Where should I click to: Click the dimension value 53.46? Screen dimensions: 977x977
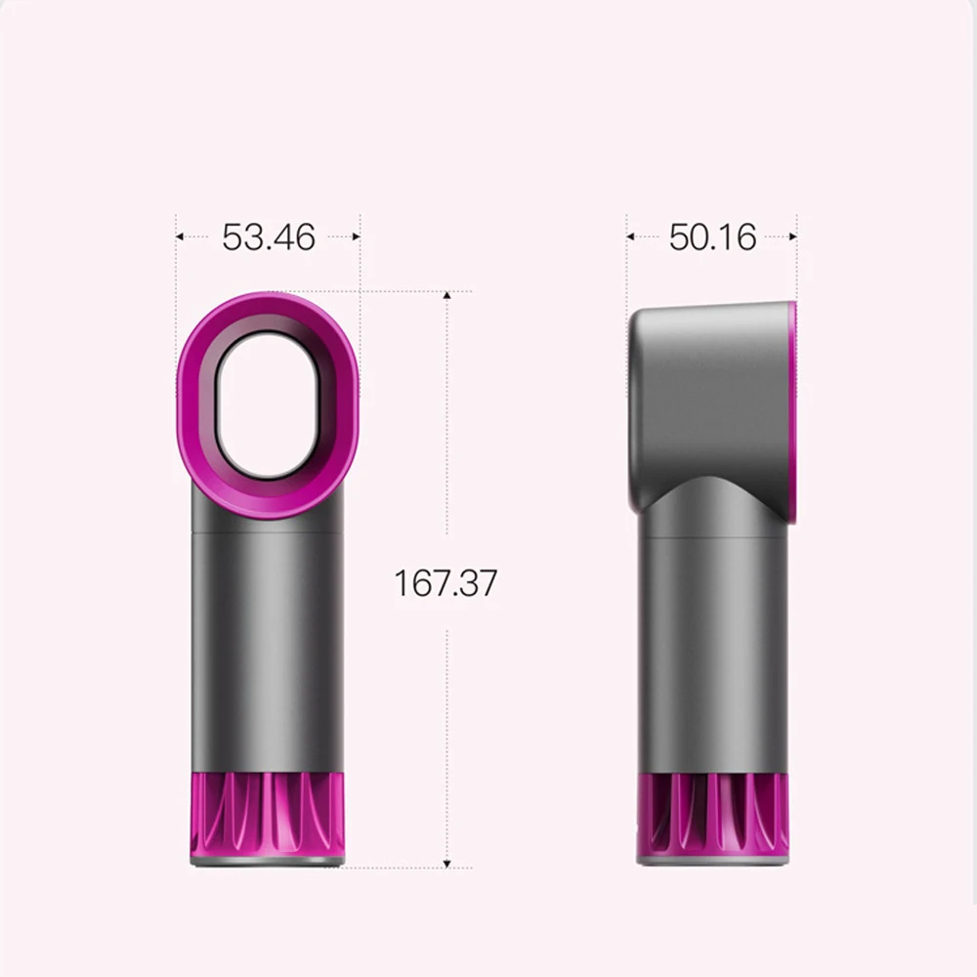[268, 236]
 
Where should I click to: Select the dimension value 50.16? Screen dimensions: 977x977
[712, 236]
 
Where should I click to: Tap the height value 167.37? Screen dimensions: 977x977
[446, 583]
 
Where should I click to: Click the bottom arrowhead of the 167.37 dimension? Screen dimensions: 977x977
[446, 863]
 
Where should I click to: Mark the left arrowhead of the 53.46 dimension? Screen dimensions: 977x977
[181, 236]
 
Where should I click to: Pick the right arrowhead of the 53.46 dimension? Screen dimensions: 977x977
[356, 236]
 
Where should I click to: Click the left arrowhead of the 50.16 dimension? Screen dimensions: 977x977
[631, 236]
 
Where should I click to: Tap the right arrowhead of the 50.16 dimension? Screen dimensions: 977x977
[792, 236]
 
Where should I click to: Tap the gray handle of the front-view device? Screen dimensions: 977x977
[267, 645]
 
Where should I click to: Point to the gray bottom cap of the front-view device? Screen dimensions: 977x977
[267, 861]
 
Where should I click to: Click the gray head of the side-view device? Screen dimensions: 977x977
[708, 391]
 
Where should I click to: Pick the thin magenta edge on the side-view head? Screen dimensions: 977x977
[792, 410]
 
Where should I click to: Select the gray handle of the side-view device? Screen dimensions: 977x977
[712, 645]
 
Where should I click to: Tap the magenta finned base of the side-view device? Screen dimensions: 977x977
[712, 811]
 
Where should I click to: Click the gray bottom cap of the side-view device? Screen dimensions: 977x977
[712, 860]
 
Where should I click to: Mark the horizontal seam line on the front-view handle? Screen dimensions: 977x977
[267, 533]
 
